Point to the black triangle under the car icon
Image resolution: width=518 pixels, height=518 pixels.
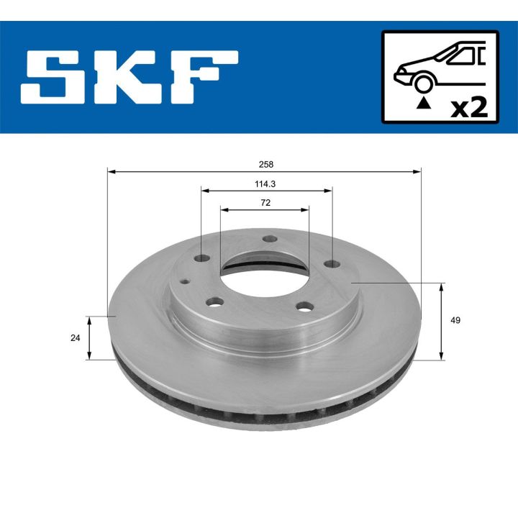pos(424,104)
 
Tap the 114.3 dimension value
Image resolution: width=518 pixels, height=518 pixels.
pos(265,183)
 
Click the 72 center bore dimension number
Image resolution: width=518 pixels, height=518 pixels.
pos(265,203)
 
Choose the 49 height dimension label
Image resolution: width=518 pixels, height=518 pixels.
pos(455,320)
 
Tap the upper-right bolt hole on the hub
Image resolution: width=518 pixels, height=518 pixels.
pos(332,263)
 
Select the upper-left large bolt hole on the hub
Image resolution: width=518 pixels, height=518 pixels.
pos(202,258)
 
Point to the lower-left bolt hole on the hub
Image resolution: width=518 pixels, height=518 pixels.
pos(214,302)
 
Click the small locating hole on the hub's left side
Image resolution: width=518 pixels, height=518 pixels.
pos(186,282)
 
